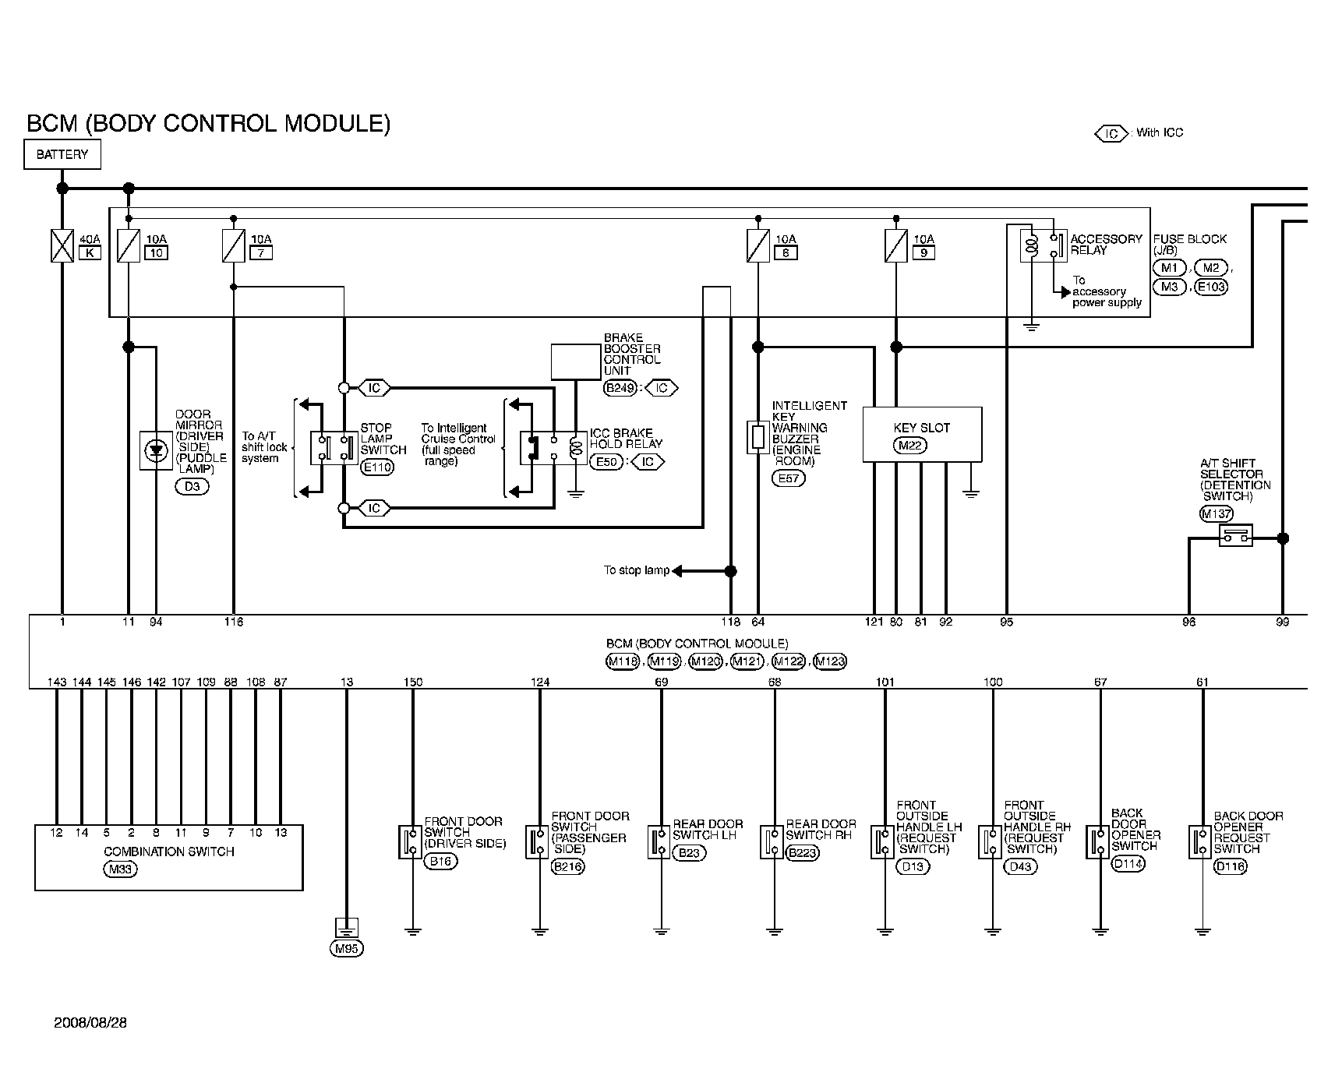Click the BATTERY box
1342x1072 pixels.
pos(62,154)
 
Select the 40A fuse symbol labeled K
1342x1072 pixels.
pos(62,245)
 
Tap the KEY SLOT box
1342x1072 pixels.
pos(922,434)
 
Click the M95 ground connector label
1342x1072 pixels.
pos(347,949)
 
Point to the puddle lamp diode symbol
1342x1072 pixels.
pos(157,450)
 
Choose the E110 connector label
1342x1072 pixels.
pos(377,467)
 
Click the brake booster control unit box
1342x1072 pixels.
pos(576,361)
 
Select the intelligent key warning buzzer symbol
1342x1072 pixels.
pos(758,437)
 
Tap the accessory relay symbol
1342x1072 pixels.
pos(1043,245)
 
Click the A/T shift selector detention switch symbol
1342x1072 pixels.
pos(1235,535)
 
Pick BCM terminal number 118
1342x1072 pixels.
pos(730,622)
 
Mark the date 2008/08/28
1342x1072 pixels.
pos(90,1022)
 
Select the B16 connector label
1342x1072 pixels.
pos(440,862)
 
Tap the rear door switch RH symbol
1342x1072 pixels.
pos(772,842)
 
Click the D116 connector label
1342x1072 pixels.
pos(1231,867)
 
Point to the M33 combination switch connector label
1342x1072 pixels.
pos(120,869)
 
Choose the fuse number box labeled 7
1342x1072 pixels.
pos(261,252)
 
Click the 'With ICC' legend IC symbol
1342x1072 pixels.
pos(1111,134)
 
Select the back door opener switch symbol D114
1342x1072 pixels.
pos(1097,842)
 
